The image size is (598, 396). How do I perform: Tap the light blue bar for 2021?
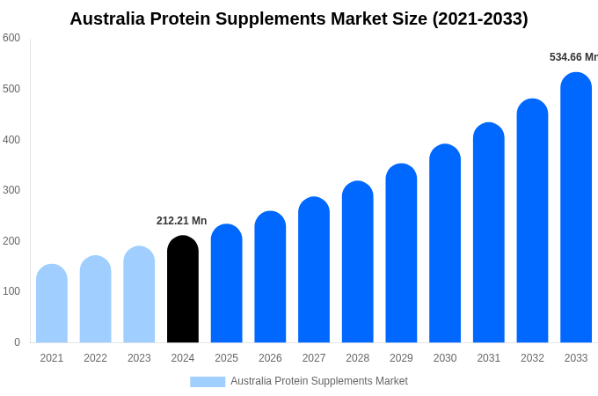point(52,304)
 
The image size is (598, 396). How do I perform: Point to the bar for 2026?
point(270,277)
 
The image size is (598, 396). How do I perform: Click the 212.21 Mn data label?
point(182,221)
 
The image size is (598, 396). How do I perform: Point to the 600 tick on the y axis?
point(11,38)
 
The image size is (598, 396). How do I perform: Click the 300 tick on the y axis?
point(11,190)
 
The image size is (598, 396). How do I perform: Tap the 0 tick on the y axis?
point(17,342)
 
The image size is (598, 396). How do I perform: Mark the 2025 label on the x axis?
point(226,358)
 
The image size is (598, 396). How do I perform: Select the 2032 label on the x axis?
point(532,358)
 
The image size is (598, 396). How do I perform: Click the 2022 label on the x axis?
point(95,358)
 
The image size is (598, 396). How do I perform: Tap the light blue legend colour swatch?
point(208,382)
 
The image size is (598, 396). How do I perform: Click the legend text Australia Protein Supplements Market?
point(319,381)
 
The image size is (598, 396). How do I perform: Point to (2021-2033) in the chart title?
point(480,18)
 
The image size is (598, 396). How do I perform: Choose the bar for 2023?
point(139,295)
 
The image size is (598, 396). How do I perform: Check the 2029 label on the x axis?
point(401,358)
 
